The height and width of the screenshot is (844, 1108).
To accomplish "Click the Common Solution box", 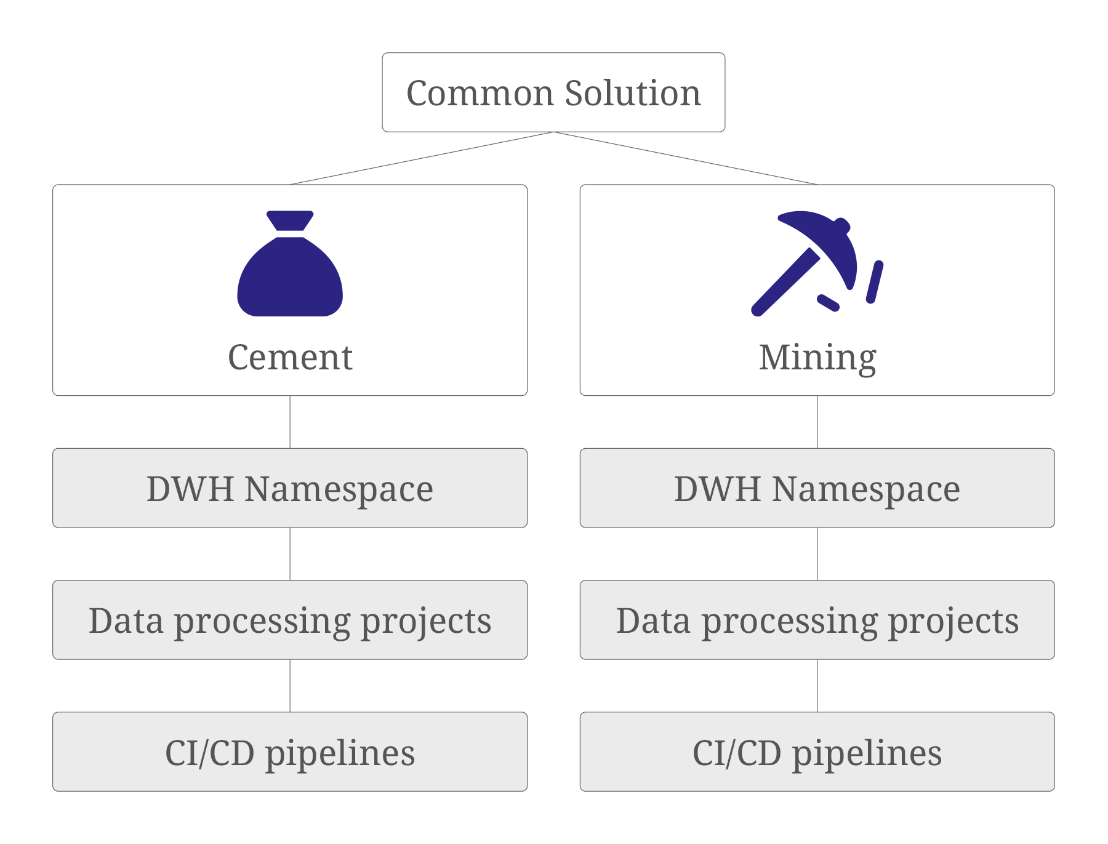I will [x=553, y=92].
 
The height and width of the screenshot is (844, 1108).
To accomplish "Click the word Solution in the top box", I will [x=633, y=94].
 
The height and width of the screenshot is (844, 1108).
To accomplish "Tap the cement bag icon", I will [x=290, y=271].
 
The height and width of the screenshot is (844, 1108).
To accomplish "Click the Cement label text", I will [x=290, y=357].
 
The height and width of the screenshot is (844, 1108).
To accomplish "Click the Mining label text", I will [x=817, y=358].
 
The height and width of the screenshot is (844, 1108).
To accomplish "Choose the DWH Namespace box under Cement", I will [x=290, y=488].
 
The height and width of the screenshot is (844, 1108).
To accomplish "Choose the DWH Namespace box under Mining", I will [x=817, y=488].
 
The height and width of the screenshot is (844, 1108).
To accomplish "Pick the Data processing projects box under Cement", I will [x=290, y=620].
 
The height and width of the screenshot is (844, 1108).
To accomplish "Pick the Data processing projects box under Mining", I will [x=817, y=620].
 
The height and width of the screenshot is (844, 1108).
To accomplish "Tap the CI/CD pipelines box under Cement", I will [x=290, y=752].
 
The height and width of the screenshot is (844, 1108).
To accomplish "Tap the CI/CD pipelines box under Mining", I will [x=817, y=752].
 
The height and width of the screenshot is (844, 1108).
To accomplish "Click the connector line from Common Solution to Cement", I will [x=422, y=158].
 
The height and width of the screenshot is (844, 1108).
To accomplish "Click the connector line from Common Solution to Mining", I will [x=685, y=158].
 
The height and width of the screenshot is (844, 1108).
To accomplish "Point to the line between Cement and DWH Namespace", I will [x=290, y=422].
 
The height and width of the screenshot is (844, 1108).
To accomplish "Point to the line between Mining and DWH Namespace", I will [x=817, y=422].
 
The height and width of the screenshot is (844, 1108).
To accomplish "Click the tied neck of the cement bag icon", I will [x=290, y=233].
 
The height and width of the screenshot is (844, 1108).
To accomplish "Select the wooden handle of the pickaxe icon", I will [x=785, y=282].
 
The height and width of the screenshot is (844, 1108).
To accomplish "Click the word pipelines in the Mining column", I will [x=867, y=754].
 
